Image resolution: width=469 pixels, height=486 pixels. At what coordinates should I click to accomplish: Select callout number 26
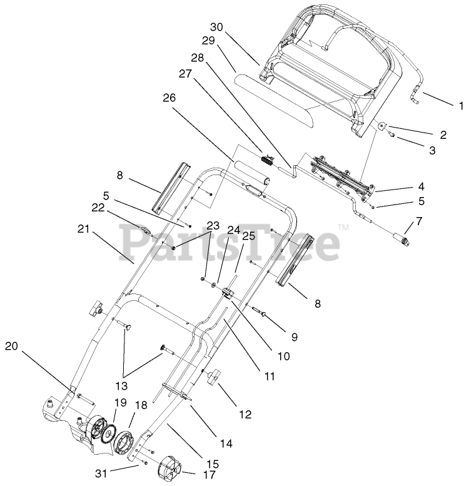pyautogui.click(x=169, y=98)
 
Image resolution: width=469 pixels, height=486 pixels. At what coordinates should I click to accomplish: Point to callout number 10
pyautogui.click(x=283, y=357)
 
